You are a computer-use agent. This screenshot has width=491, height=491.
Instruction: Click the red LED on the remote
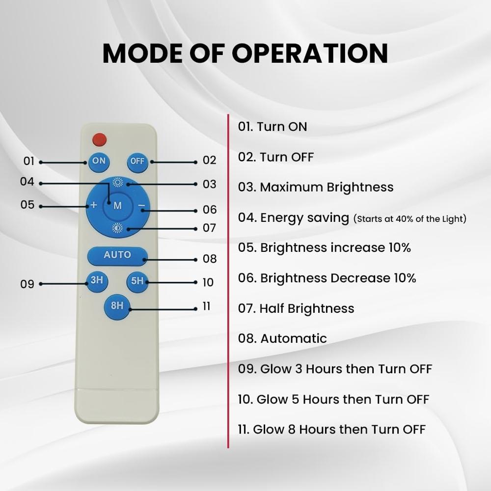tap(100, 139)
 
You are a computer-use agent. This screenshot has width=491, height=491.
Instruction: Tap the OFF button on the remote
tap(137, 162)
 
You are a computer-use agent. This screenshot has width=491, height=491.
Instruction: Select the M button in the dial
tap(117, 206)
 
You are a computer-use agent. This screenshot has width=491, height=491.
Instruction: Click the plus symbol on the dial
tap(94, 205)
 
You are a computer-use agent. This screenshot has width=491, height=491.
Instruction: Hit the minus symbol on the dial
tap(141, 205)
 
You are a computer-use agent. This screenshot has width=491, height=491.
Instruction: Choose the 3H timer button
tap(97, 281)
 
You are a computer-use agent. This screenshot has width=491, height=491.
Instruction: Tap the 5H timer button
tap(137, 281)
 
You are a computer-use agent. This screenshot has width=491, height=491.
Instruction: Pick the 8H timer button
tap(117, 306)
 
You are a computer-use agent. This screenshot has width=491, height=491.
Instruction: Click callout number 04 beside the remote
tap(27, 182)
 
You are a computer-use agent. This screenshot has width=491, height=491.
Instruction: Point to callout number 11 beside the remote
tap(206, 306)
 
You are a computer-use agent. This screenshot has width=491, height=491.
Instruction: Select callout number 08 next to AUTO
tap(209, 259)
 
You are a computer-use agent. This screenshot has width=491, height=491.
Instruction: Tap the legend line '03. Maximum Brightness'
tap(316, 187)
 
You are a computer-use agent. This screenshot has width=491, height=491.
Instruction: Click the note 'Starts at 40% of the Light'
tap(409, 218)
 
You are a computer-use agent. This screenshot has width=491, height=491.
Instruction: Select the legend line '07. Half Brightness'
tap(296, 308)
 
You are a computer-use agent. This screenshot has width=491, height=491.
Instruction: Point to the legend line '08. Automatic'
tap(282, 338)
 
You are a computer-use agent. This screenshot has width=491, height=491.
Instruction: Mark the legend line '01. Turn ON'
tap(273, 127)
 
